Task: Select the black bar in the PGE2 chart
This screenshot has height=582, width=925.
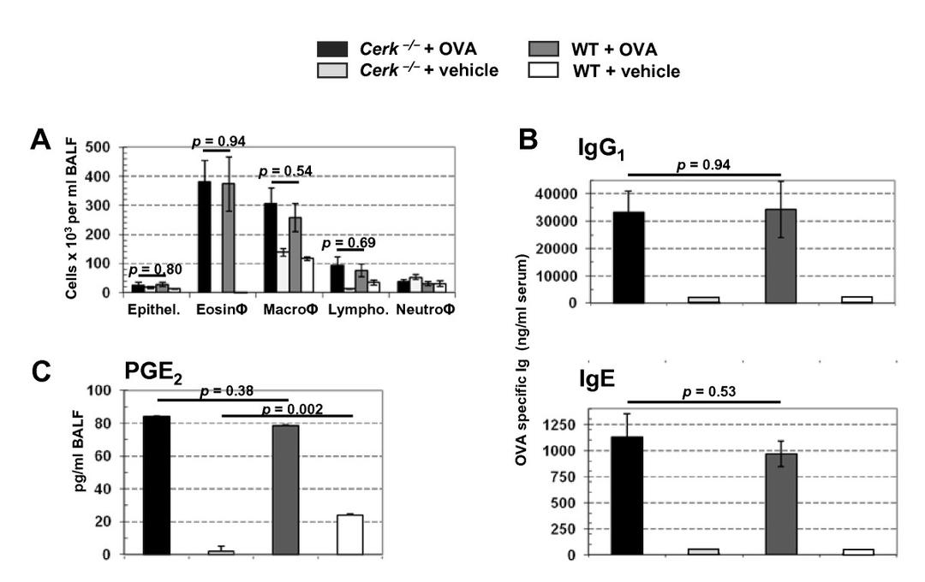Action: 157,484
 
